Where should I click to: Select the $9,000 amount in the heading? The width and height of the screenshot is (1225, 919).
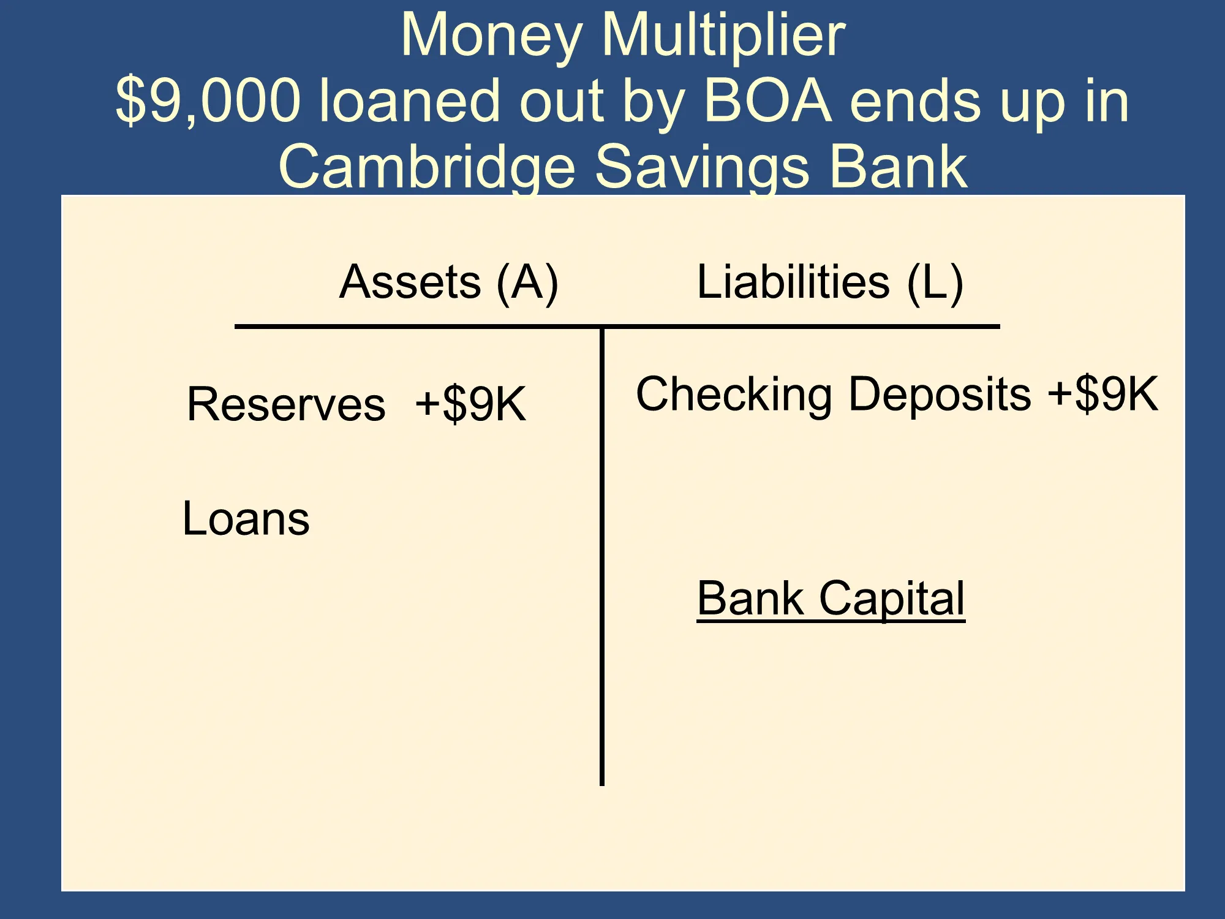pyautogui.click(x=208, y=101)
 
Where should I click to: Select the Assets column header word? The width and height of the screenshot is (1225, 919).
pyautogui.click(x=410, y=282)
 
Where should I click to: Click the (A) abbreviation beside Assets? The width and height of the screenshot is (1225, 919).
pyautogui.click(x=527, y=282)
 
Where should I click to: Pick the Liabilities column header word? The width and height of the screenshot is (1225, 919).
pyautogui.click(x=793, y=281)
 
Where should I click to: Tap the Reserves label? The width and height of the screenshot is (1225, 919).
pyautogui.click(x=287, y=404)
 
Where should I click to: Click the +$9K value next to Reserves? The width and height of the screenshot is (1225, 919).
pyautogui.click(x=470, y=404)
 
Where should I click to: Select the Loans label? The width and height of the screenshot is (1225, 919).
pyautogui.click(x=246, y=518)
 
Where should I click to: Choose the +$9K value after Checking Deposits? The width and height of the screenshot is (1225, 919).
pyautogui.click(x=1103, y=393)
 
